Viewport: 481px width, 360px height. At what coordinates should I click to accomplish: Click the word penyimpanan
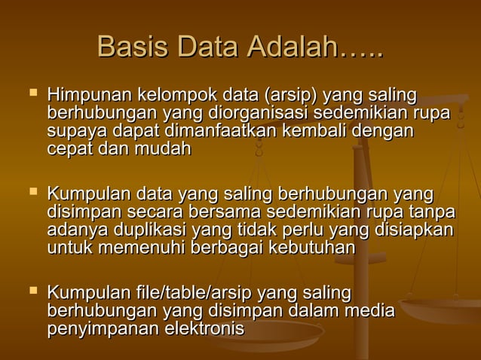point(103,328)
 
